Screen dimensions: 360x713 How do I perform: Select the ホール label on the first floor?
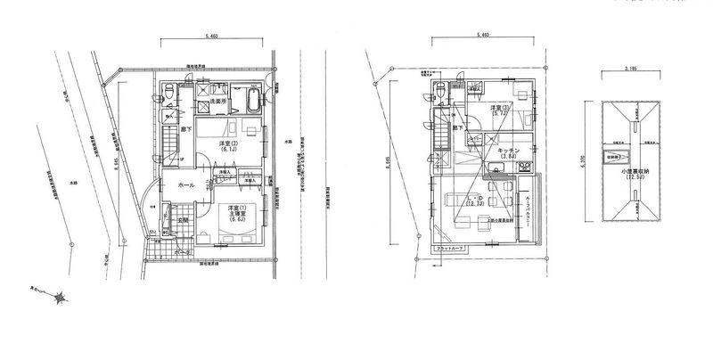coord(187,184)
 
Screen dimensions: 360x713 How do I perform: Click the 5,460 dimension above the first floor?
coord(211,37)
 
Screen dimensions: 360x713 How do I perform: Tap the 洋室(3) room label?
coord(498,110)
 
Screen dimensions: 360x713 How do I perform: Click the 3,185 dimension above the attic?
coord(630,68)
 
